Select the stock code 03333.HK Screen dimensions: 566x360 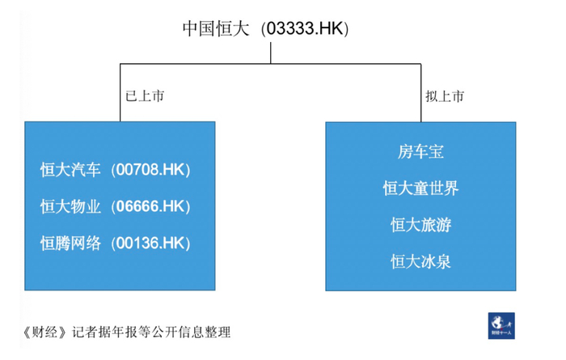tap(304, 29)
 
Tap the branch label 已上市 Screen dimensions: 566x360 tap(146, 96)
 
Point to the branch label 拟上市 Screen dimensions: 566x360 tap(445, 96)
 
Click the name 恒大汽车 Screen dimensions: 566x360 tap(71, 170)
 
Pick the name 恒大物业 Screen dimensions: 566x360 tap(71, 206)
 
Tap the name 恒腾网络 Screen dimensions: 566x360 tap(71, 243)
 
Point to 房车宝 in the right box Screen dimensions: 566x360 tap(420, 151)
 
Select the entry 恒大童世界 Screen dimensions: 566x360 tap(420, 188)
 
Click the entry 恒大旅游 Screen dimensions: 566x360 tap(420, 225)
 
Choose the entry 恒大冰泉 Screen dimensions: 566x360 tap(420, 261)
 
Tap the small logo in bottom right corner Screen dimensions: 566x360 tap(501, 324)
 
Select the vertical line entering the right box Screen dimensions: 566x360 tap(422, 93)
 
